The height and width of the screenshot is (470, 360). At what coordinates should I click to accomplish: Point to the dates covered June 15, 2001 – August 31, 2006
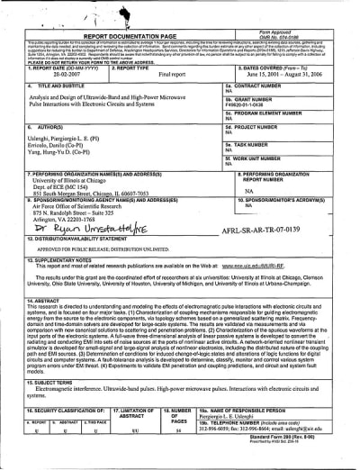click(287, 75)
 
